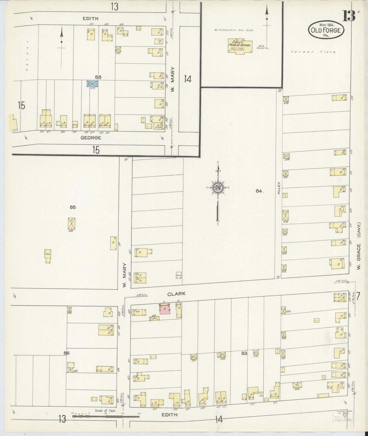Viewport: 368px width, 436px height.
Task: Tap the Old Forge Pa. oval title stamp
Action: (326, 30)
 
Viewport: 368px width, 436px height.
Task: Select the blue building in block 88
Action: (92, 83)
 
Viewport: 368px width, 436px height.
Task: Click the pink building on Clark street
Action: (165, 309)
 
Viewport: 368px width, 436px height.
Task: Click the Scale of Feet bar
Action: (106, 416)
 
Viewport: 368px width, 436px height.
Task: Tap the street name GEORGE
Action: (91, 138)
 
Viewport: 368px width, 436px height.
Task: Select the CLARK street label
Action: (176, 294)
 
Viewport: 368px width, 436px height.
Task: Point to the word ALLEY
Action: (279, 188)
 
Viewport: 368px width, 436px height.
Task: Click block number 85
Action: (73, 207)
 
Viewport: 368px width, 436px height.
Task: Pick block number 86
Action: (67, 353)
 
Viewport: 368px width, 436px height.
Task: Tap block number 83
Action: (244, 353)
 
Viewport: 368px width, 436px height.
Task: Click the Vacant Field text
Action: (314, 52)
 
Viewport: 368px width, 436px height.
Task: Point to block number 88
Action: (98, 77)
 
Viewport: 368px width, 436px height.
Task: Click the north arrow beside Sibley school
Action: (267, 18)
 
